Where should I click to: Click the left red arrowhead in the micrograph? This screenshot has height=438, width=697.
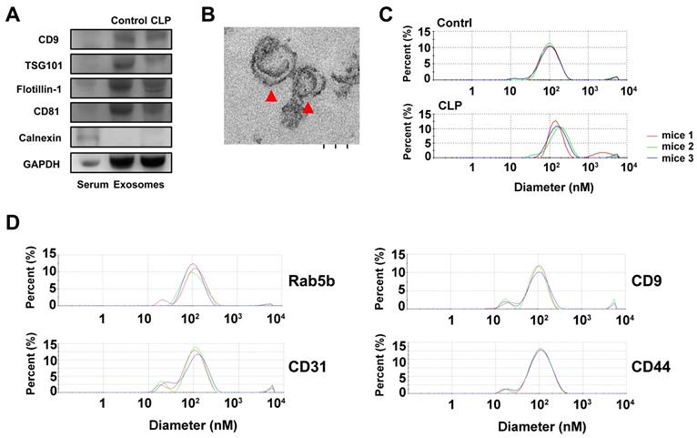coord(269,96)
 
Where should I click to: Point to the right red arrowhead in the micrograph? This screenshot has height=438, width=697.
coord(308,108)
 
